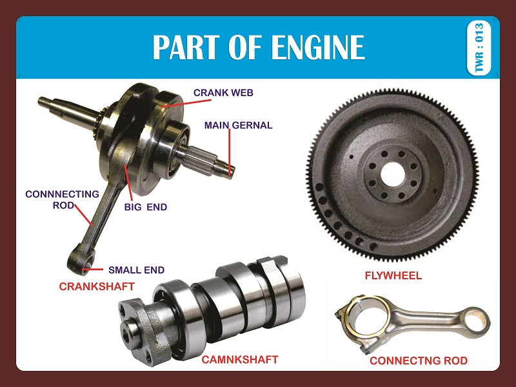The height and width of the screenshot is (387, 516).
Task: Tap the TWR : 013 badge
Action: pyautogui.click(x=479, y=49)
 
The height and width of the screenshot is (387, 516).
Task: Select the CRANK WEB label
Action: pyautogui.click(x=223, y=93)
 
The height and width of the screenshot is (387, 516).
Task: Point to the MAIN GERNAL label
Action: pyautogui.click(x=238, y=125)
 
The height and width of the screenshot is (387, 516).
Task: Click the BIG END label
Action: pyautogui.click(x=145, y=207)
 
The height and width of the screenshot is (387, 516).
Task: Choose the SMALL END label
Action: pyautogui.click(x=136, y=270)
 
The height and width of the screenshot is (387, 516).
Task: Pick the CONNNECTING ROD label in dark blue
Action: pyautogui.click(x=62, y=199)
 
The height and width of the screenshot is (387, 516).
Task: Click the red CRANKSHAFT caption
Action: pyautogui.click(x=97, y=286)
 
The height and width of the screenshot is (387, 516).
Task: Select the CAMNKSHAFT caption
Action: pyautogui.click(x=240, y=359)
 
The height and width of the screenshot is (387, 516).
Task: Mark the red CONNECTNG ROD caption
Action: pyautogui.click(x=419, y=361)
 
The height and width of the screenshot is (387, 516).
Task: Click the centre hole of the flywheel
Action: pyautogui.click(x=393, y=172)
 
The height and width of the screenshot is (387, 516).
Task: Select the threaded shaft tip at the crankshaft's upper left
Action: pyautogui.click(x=49, y=101)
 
